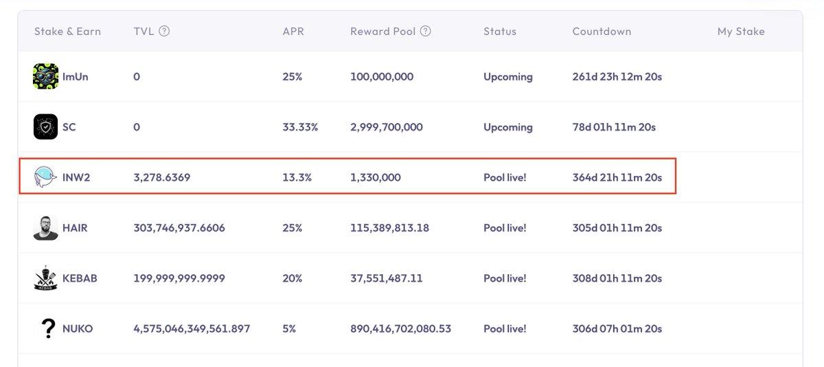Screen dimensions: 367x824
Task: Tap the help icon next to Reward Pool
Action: [426, 31]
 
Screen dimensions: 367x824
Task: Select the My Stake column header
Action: [741, 32]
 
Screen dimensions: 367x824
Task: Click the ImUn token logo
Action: [45, 76]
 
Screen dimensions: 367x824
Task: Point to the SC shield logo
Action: [45, 127]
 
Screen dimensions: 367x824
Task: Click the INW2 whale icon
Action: [45, 177]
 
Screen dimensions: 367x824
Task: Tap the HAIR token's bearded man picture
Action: [45, 227]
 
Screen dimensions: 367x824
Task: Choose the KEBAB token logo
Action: [45, 278]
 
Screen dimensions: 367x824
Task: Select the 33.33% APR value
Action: [300, 127]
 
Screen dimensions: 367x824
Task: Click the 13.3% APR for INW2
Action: [297, 177]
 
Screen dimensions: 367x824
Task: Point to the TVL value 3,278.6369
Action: [161, 177]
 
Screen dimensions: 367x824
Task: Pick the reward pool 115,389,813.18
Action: [389, 227]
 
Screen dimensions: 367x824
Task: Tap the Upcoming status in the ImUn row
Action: [507, 77]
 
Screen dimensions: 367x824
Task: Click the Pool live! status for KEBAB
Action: [505, 278]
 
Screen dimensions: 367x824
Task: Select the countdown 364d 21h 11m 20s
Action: [617, 177]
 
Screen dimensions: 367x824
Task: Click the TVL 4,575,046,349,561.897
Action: [192, 329]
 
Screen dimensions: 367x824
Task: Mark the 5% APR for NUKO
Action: [289, 329]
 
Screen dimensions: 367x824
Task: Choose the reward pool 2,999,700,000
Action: [386, 127]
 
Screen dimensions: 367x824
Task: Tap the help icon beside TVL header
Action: [164, 31]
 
